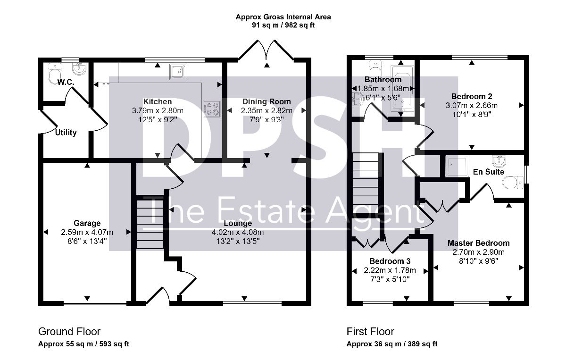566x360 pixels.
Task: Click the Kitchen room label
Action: click(x=158, y=101)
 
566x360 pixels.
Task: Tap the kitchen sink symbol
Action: click(x=178, y=72)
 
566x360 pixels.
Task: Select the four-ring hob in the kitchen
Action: click(x=212, y=109)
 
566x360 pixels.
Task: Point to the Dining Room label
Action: click(x=266, y=101)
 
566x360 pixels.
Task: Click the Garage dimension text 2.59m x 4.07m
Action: click(x=87, y=232)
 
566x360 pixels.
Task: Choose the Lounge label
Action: click(x=238, y=223)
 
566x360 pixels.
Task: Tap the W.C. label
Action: click(x=66, y=82)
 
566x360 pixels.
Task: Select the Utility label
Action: click(x=66, y=133)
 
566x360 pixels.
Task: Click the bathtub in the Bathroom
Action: click(x=402, y=89)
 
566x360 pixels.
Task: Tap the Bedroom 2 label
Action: click(x=472, y=96)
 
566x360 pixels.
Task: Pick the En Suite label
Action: click(x=489, y=172)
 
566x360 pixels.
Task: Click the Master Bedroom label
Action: click(x=479, y=243)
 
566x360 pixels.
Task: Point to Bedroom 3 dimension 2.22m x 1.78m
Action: click(x=390, y=270)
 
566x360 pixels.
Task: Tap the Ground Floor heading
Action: click(x=69, y=331)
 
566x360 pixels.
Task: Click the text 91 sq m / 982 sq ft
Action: click(x=283, y=25)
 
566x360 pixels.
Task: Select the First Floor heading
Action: click(x=370, y=331)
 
